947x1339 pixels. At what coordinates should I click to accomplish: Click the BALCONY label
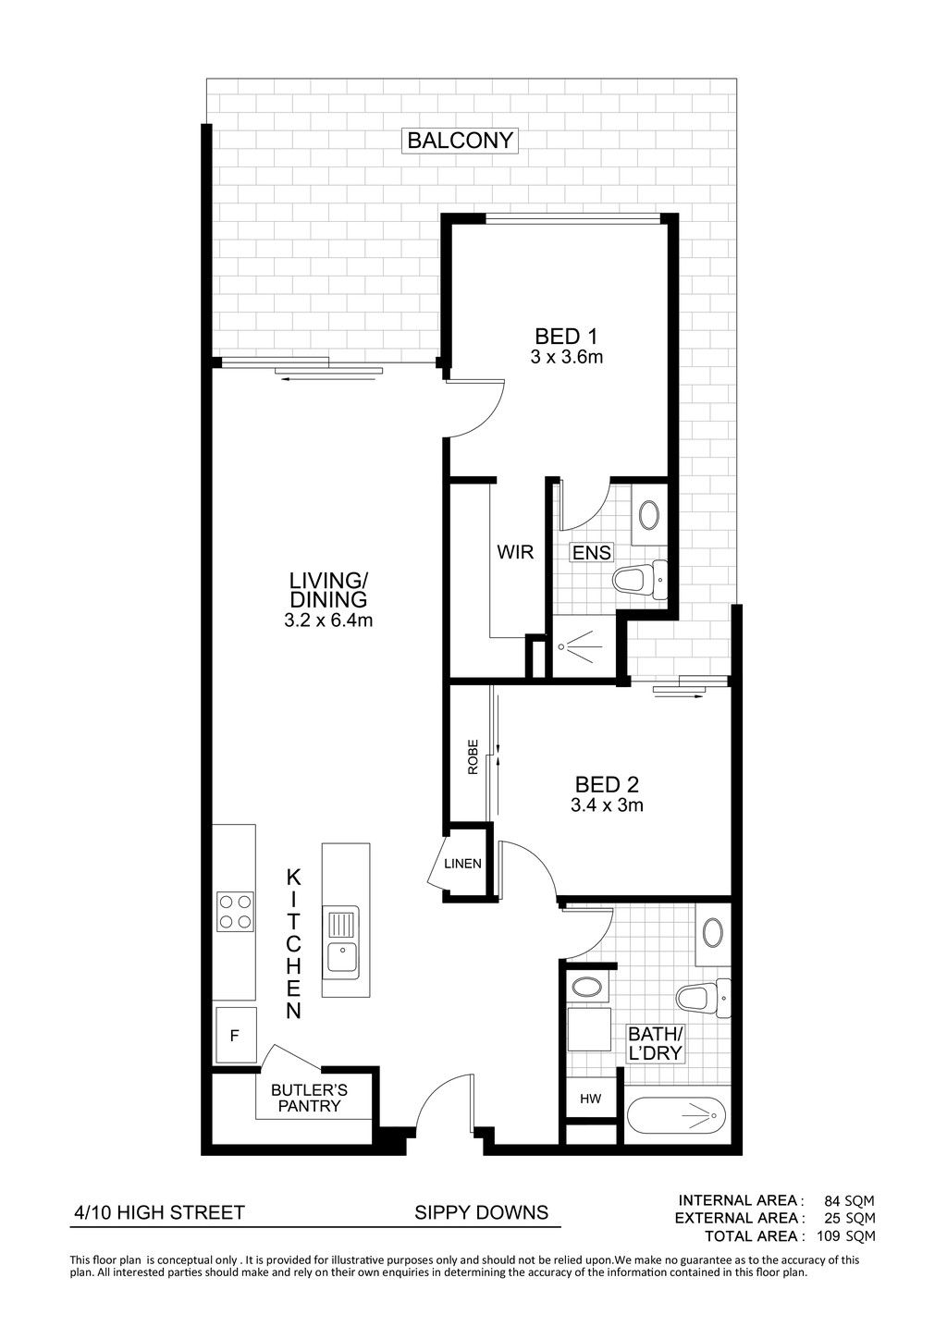click(x=460, y=141)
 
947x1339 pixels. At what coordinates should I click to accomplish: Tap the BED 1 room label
click(x=566, y=336)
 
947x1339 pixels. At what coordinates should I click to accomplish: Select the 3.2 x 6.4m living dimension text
click(x=328, y=620)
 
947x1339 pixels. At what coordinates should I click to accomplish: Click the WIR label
click(x=515, y=551)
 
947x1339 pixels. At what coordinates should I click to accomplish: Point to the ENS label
click(x=591, y=552)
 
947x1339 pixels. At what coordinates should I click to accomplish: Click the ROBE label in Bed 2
click(x=473, y=758)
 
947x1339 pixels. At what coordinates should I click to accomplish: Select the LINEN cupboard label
click(x=462, y=864)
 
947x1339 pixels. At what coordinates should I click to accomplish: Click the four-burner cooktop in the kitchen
click(x=235, y=911)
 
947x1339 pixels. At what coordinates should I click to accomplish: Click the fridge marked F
click(x=236, y=1036)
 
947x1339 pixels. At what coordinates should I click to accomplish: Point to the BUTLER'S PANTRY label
click(x=309, y=1098)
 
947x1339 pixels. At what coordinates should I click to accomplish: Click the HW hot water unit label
click(x=590, y=1098)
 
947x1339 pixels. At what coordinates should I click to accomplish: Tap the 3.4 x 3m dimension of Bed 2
click(x=607, y=805)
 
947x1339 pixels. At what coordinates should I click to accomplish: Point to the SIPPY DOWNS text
click(x=481, y=1212)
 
